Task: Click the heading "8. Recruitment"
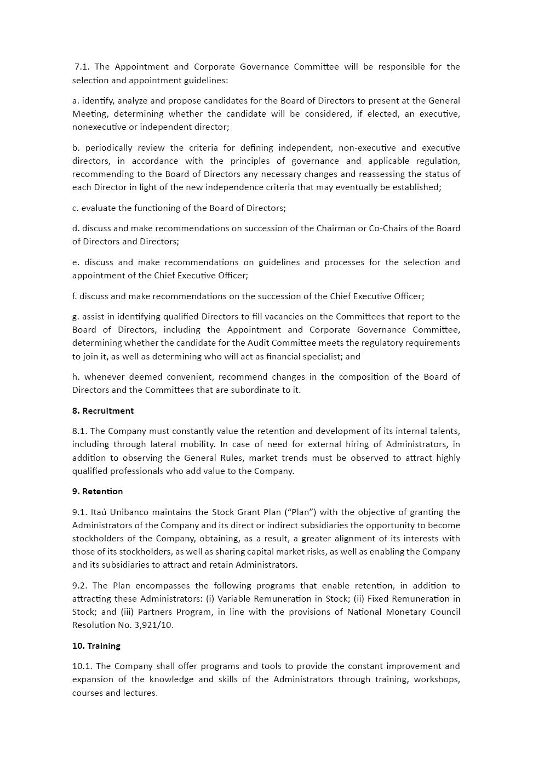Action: click(x=102, y=410)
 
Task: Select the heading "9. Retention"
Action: click(x=97, y=491)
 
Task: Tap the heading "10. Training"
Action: click(x=96, y=645)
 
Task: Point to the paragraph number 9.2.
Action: click(x=80, y=585)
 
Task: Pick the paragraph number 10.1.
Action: click(x=82, y=666)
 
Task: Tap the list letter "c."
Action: click(x=76, y=208)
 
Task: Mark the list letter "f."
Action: click(x=74, y=296)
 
